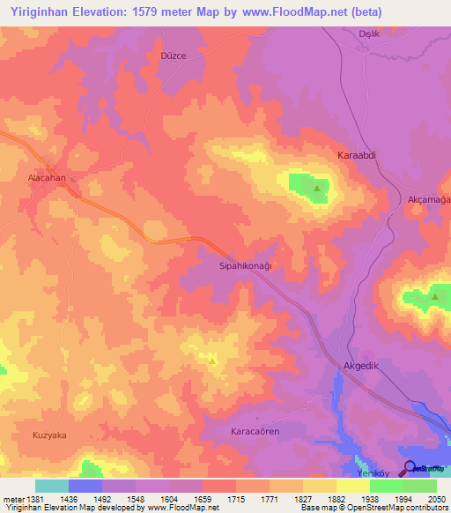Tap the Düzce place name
point(173,55)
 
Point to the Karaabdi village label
point(358,155)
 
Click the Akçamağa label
point(429,200)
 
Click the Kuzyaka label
point(49,435)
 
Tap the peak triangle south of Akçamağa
point(435,298)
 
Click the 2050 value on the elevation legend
point(436,499)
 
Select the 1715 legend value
point(236,499)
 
